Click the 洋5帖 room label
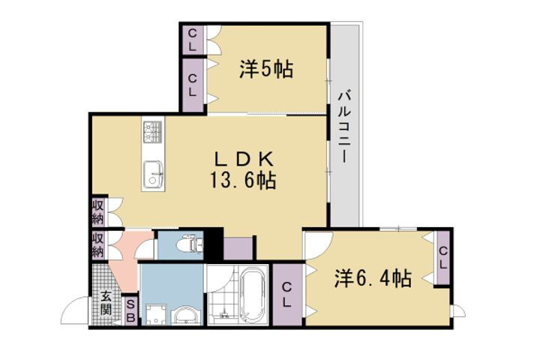pos(266,70)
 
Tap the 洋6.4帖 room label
pos(372,279)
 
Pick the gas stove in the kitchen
pos(152,133)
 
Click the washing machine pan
pos(157,313)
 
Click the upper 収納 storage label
pos(97,212)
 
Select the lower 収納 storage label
pos(97,243)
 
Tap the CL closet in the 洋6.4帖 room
pos(442,259)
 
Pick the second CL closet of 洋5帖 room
pos(193,84)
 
